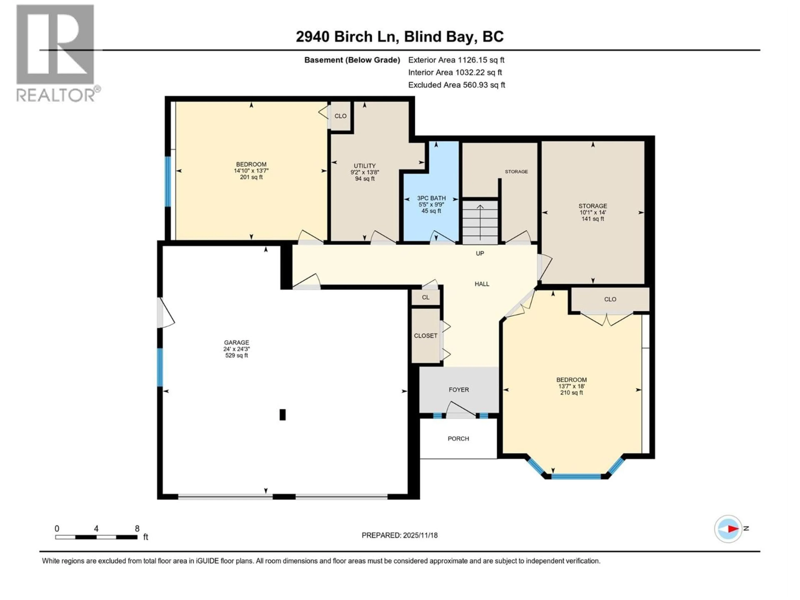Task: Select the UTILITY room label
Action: click(x=365, y=166)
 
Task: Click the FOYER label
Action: click(x=459, y=390)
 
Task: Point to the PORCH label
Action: click(x=458, y=438)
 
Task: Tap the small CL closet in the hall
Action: click(x=426, y=297)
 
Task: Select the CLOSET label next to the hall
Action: click(x=425, y=336)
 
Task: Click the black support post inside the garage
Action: click(x=282, y=414)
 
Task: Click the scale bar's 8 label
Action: click(x=137, y=528)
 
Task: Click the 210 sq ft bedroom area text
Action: click(x=571, y=392)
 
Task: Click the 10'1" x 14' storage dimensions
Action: click(x=592, y=212)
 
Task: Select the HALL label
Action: click(x=482, y=284)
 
